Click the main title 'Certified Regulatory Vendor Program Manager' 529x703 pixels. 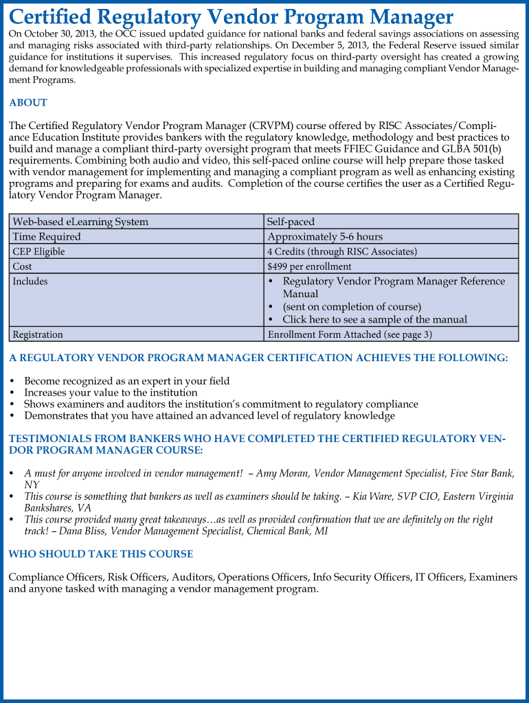pyautogui.click(x=231, y=16)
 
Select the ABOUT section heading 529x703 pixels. pyautogui.click(x=28, y=103)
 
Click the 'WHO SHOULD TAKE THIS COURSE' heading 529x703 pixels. pyautogui.click(x=100, y=554)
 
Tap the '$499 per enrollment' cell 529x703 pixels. pyautogui.click(x=309, y=266)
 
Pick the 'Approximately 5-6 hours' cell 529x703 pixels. pyautogui.click(x=325, y=237)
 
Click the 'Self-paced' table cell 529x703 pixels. pyautogui.click(x=291, y=222)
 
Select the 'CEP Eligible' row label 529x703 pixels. pyautogui.click(x=38, y=252)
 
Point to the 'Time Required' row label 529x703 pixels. pyautogui.click(x=47, y=237)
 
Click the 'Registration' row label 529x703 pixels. pyautogui.click(x=38, y=334)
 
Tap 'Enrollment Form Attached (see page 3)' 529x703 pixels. pyautogui.click(x=350, y=334)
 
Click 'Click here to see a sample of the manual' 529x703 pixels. pyautogui.click(x=374, y=319)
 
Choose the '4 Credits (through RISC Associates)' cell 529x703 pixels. pyautogui.click(x=342, y=252)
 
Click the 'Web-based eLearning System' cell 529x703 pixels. pyautogui.click(x=80, y=222)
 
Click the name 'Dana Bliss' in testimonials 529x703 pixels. pyautogui.click(x=79, y=531)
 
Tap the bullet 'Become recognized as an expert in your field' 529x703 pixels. pyautogui.click(x=127, y=381)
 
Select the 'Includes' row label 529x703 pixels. pyautogui.click(x=30, y=281)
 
